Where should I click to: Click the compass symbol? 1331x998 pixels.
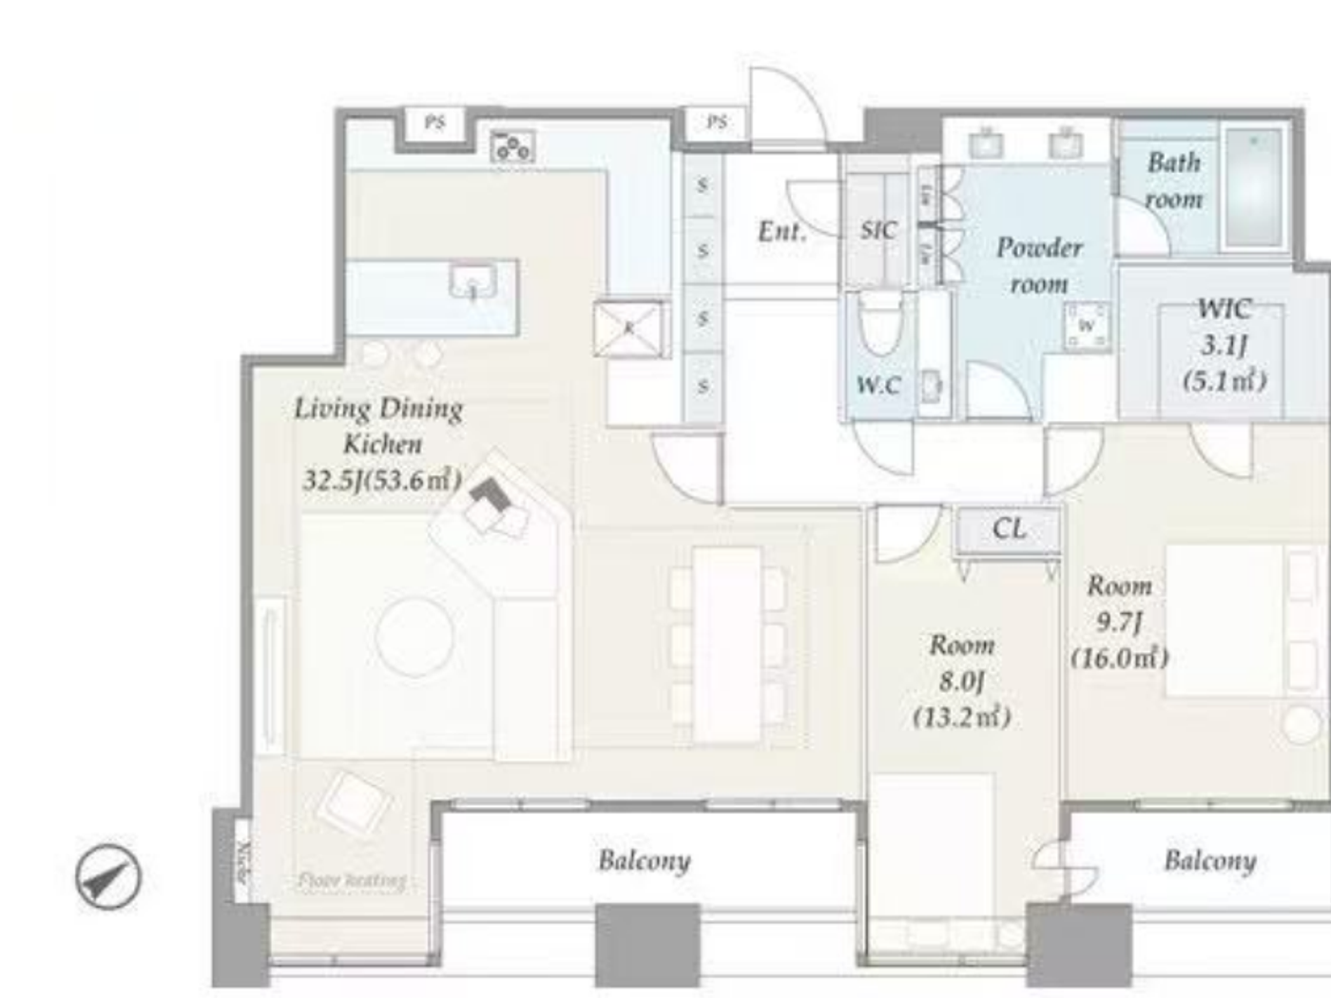pyautogui.click(x=108, y=876)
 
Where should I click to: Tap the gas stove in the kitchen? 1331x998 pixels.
pyautogui.click(x=512, y=146)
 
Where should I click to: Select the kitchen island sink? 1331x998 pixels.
pyautogui.click(x=473, y=282)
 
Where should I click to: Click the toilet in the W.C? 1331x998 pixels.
pyautogui.click(x=879, y=323)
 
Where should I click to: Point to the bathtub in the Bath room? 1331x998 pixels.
pyautogui.click(x=1254, y=187)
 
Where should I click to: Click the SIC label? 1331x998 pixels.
pyautogui.click(x=878, y=230)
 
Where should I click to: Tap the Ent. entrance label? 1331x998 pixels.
pyautogui.click(x=781, y=231)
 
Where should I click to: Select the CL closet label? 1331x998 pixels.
pyautogui.click(x=1009, y=528)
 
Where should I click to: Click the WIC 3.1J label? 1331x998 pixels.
pyautogui.click(x=1225, y=326)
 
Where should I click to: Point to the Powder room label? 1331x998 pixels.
pyautogui.click(x=1039, y=265)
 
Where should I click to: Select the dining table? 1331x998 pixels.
pyautogui.click(x=727, y=644)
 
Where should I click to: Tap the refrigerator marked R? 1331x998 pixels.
pyautogui.click(x=628, y=329)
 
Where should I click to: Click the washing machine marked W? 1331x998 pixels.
pyautogui.click(x=1087, y=326)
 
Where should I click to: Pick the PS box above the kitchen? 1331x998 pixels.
pyautogui.click(x=434, y=123)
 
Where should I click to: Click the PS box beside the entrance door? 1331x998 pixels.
pyautogui.click(x=717, y=122)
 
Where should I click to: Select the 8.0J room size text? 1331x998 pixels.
pyautogui.click(x=961, y=681)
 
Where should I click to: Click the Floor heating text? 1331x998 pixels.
pyautogui.click(x=352, y=881)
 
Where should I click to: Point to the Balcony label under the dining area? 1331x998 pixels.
pyautogui.click(x=644, y=861)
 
